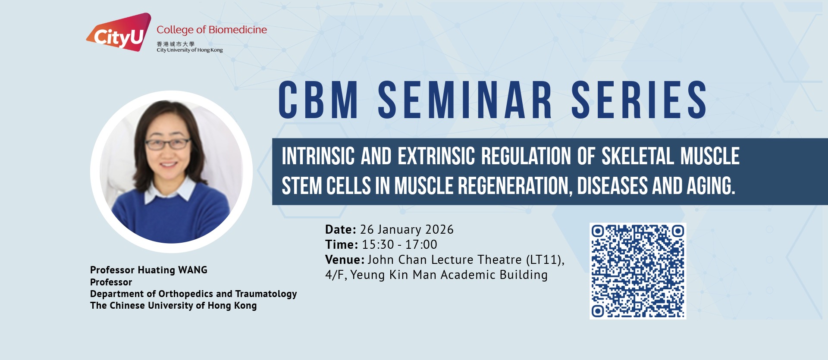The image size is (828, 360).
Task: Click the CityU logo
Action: click(119, 32)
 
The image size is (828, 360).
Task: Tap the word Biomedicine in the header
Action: click(238, 30)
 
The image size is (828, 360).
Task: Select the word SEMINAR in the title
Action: click(465, 100)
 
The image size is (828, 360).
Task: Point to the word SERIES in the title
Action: click(639, 100)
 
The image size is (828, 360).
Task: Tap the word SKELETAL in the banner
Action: click(637, 156)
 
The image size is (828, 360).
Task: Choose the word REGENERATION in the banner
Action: click(515, 186)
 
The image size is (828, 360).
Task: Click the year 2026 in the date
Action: click(439, 229)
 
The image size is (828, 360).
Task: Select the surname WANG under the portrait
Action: click(193, 270)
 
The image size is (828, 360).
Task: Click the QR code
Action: click(638, 271)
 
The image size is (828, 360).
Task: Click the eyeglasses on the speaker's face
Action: click(168, 144)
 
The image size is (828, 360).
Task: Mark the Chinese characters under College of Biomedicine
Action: click(176, 44)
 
